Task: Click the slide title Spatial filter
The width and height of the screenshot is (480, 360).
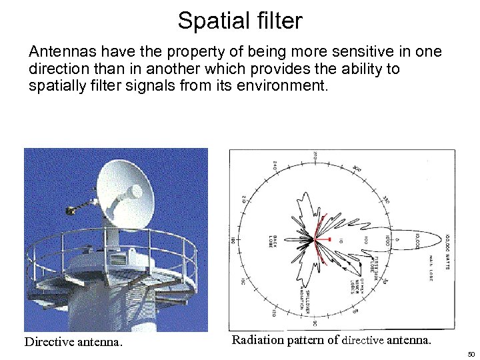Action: (x=239, y=21)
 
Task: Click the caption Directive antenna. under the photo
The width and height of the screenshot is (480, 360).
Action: (x=73, y=342)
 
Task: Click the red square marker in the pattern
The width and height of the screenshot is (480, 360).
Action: (x=327, y=237)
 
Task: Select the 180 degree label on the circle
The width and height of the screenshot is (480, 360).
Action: (x=233, y=239)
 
